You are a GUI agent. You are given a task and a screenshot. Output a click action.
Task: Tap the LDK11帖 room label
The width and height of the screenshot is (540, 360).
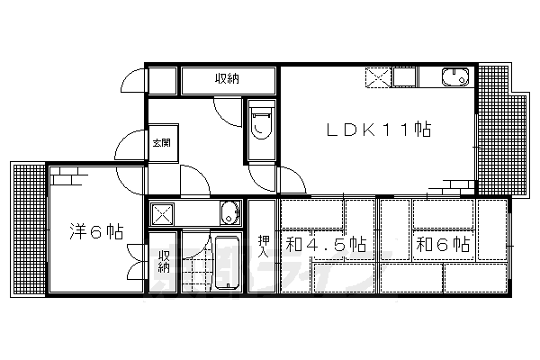click(x=378, y=130)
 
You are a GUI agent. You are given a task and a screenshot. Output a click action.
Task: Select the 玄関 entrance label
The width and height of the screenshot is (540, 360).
click(x=161, y=141)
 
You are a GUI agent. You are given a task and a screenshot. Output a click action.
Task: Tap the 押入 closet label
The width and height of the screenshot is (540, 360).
click(x=263, y=245)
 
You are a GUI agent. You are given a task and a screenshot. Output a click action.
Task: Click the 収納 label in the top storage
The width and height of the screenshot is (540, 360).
click(x=227, y=79)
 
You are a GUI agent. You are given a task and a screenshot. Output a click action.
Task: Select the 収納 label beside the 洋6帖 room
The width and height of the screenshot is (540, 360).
click(x=165, y=265)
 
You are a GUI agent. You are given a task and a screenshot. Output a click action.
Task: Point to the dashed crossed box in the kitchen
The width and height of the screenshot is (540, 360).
click(x=378, y=77)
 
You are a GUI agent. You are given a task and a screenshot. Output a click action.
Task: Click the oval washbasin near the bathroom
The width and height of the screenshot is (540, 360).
click(x=230, y=214)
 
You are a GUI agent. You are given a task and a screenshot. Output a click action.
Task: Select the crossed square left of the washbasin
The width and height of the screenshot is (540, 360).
click(x=164, y=214)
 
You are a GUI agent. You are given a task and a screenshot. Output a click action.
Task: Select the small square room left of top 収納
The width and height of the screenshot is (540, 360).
click(x=162, y=79)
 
